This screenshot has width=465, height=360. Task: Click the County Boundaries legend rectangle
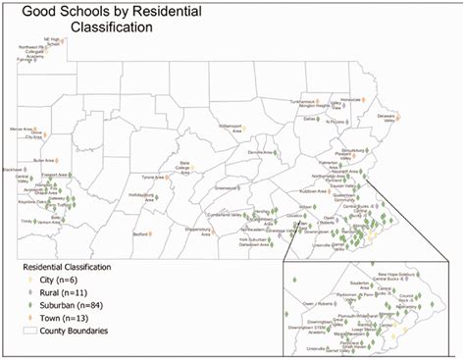pyautogui.click(x=28, y=332)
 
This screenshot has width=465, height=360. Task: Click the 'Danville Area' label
pyautogui.click(x=260, y=153)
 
